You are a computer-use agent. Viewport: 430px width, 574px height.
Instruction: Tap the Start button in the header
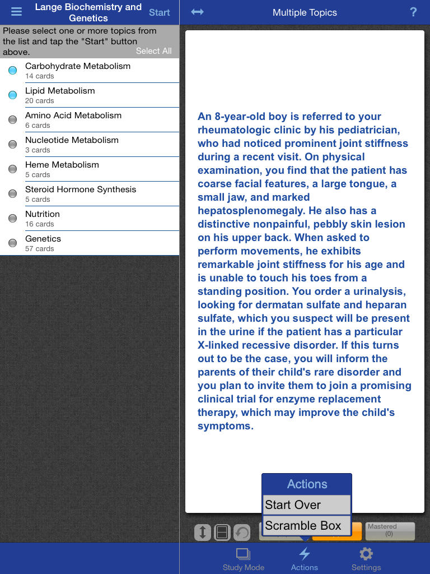point(159,12)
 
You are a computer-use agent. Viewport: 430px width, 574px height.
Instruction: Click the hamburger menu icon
point(16,12)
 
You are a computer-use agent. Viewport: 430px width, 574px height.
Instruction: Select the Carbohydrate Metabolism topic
point(78,70)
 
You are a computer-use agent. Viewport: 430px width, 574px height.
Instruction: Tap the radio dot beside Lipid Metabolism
point(12,95)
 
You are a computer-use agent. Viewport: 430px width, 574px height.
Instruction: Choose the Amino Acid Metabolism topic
point(73,119)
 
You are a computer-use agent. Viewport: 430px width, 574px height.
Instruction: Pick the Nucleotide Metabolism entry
point(72,144)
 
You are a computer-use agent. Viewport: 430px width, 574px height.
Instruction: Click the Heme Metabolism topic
point(62,169)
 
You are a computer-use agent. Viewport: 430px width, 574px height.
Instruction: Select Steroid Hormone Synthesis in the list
point(81,193)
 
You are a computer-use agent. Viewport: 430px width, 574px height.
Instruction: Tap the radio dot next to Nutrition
point(12,219)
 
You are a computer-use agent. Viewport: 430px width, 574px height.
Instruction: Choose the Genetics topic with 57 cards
point(43,243)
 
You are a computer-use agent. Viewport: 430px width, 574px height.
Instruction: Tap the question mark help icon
point(413,12)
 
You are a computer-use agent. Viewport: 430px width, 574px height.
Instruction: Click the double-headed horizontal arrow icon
point(197,12)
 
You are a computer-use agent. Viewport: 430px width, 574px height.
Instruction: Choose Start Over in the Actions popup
point(307,504)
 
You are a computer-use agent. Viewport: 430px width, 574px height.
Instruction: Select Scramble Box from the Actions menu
point(307,526)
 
